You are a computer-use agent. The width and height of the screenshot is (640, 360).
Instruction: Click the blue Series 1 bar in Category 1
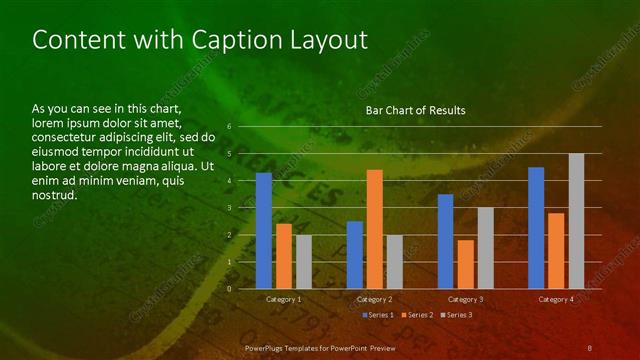[x=264, y=231]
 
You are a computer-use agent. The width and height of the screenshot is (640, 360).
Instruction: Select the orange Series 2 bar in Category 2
[x=375, y=229]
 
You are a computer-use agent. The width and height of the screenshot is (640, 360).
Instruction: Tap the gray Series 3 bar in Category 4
[x=576, y=221]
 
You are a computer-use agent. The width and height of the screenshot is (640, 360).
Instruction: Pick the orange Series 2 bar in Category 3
[x=465, y=264]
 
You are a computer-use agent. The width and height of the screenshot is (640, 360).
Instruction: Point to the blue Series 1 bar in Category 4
[x=536, y=228]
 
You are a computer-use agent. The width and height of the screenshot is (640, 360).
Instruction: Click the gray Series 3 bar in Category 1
[x=304, y=262]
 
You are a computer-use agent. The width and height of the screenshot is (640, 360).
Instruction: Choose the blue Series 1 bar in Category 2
[x=355, y=255]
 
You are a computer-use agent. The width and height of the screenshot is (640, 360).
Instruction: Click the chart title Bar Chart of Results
[x=415, y=109]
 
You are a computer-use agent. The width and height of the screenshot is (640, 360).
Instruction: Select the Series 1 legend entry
[x=379, y=315]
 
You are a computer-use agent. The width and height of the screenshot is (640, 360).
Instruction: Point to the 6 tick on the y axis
[x=230, y=127]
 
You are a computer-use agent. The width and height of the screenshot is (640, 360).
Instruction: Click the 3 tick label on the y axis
[x=230, y=208]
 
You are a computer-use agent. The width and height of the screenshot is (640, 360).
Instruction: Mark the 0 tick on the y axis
[x=230, y=289]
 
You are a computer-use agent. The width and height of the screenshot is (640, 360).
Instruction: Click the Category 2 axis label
[x=374, y=299]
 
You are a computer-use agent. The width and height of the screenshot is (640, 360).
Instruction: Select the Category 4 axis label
[x=556, y=299]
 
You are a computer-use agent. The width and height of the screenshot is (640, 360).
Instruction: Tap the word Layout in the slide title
[x=331, y=40]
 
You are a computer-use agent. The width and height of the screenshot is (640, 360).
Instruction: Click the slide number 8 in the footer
[x=590, y=346]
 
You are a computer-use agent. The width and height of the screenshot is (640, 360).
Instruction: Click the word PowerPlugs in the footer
[x=265, y=346]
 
